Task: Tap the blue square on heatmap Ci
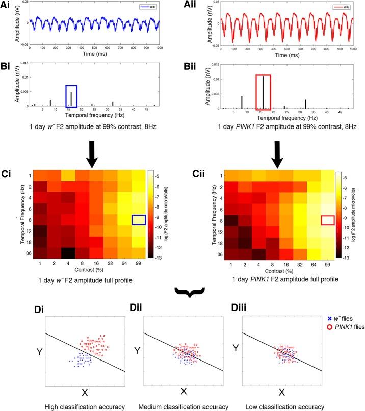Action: [x=139, y=220]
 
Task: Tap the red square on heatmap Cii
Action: [x=328, y=220]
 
